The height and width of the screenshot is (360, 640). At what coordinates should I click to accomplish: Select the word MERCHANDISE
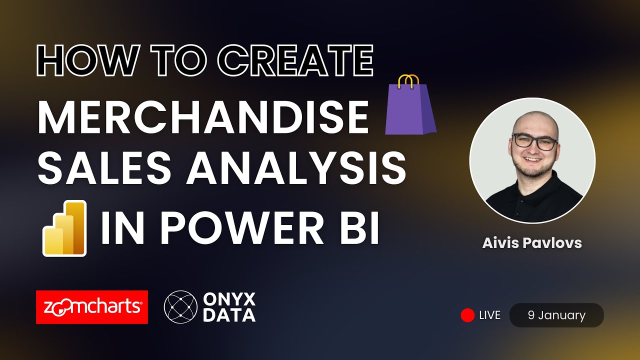point(202,118)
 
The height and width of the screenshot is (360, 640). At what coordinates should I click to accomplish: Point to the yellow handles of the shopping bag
point(409,81)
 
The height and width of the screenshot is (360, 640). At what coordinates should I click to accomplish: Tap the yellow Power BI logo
point(64,228)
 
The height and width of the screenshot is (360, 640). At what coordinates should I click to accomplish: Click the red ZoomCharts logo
point(92,307)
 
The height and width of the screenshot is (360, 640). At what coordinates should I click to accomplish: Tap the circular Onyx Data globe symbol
point(180,307)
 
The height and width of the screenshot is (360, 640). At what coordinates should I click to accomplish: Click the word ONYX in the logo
point(229,299)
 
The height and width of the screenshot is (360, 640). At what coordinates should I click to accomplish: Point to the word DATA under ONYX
point(229,315)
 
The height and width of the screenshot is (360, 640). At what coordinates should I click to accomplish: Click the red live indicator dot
point(467,315)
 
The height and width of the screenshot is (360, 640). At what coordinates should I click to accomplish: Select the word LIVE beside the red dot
point(489,315)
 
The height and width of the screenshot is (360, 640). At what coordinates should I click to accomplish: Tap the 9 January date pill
point(556,315)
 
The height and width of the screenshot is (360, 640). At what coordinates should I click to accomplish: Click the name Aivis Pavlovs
point(532,243)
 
